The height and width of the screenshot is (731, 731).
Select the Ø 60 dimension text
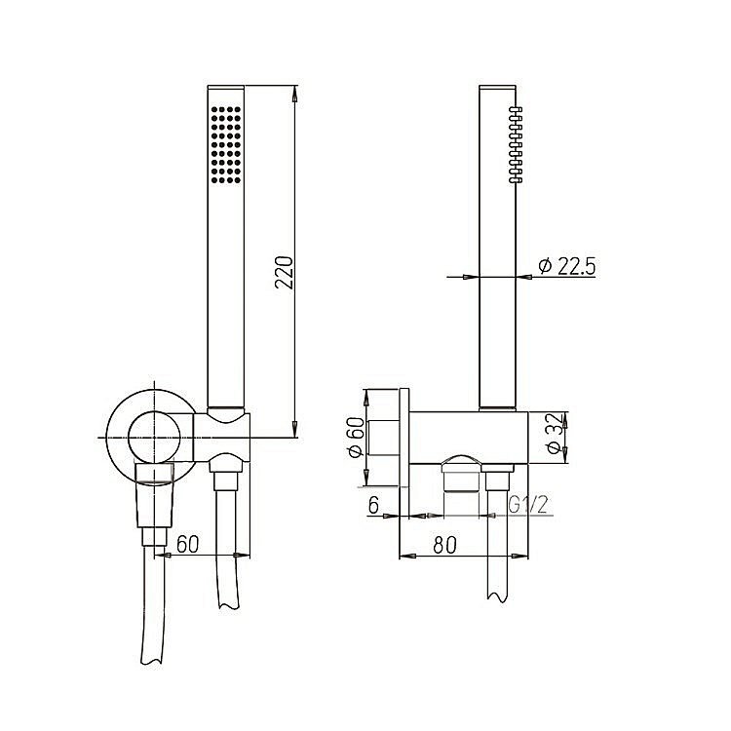coord(354,438)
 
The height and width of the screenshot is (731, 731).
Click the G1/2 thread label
coord(527,504)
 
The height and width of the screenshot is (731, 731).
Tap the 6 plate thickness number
coord(373,504)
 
